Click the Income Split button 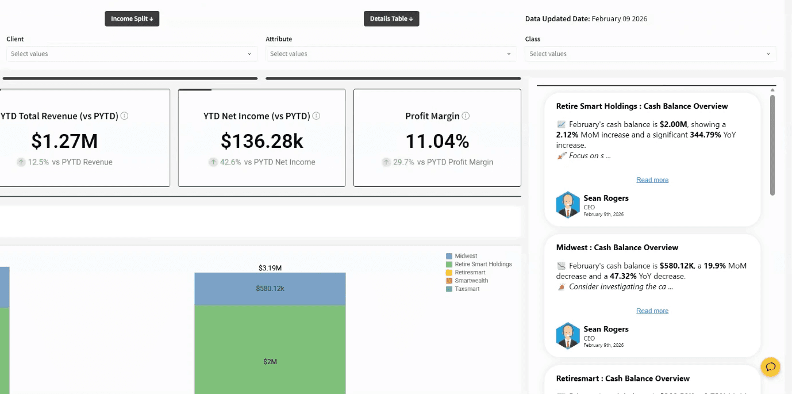pos(132,19)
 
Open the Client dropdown pos(131,54)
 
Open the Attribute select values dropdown pos(391,54)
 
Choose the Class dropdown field pos(650,54)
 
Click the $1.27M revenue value pos(64,141)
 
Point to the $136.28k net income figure pos(262,141)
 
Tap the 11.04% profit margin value pos(437,141)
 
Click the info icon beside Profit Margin pos(466,116)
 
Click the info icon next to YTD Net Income pos(316,116)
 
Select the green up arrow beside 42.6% pos(213,162)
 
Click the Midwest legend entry pos(466,256)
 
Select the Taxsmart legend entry pos(467,289)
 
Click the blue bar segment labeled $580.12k pos(270,289)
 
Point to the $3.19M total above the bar pos(270,268)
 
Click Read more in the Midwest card pos(652,311)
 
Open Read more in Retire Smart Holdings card pos(652,180)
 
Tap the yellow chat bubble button pos(771,367)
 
